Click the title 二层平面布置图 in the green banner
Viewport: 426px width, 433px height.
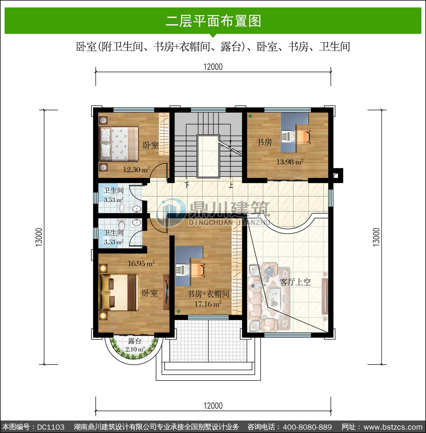coord(213,21)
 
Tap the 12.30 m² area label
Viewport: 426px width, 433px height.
coord(136,170)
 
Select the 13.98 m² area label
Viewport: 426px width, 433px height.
coord(290,162)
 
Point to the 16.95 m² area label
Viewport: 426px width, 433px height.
coord(141,263)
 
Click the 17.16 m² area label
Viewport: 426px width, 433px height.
coord(208,304)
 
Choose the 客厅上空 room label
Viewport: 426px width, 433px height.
coord(295,282)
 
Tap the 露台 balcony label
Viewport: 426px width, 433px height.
coord(135,341)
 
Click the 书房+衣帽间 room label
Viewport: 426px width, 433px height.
coord(208,294)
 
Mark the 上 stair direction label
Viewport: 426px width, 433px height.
coord(231,185)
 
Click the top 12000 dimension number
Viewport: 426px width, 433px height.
coord(213,67)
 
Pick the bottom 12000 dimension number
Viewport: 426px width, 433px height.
coord(213,405)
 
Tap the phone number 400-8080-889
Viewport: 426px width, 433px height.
coord(308,427)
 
